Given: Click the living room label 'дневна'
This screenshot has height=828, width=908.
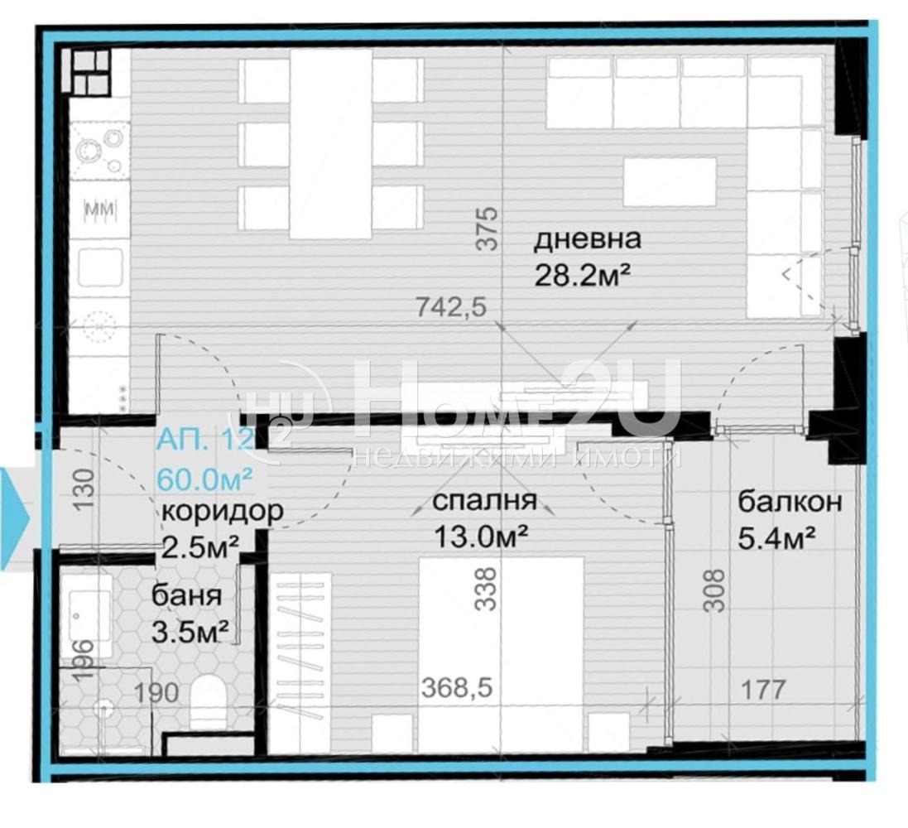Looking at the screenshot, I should click(x=587, y=240).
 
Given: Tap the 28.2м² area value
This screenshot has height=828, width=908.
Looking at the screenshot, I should click(x=577, y=275).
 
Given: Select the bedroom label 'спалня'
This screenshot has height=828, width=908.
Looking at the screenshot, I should click(x=485, y=501).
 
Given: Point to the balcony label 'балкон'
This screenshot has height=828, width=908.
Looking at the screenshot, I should click(x=790, y=502).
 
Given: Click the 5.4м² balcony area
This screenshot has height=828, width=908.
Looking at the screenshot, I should click(x=771, y=538).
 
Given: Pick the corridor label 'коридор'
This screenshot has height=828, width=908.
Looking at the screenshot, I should click(x=221, y=512).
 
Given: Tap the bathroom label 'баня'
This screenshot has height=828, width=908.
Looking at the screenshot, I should click(x=186, y=596).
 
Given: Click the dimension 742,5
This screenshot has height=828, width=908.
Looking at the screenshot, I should click(x=448, y=308).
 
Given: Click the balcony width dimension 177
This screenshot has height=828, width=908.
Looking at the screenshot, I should click(x=762, y=690).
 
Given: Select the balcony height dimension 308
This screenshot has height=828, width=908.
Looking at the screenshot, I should click(x=717, y=590).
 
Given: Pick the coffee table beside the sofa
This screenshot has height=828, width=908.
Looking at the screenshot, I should click(x=670, y=181).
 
